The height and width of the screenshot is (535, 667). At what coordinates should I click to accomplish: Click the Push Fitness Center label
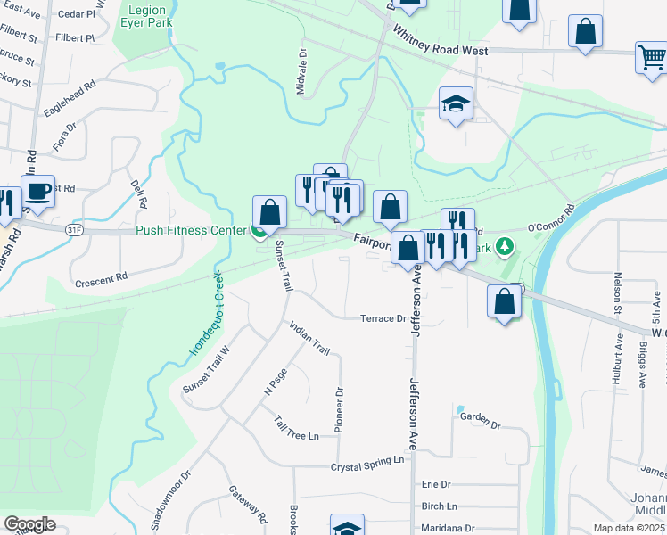tap(190, 231)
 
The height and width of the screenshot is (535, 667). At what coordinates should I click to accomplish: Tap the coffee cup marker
tap(37, 191)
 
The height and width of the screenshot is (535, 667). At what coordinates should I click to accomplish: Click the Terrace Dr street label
tap(383, 318)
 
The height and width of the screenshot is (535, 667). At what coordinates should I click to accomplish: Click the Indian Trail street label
tap(309, 339)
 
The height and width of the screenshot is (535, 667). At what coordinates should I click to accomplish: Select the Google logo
tap(29, 524)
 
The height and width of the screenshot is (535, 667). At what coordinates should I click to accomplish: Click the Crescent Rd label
tap(102, 279)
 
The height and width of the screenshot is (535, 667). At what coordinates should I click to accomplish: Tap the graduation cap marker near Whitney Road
tap(455, 105)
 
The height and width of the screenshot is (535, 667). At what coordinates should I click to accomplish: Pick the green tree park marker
tap(506, 245)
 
